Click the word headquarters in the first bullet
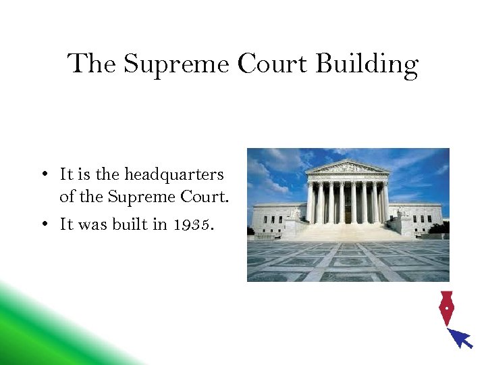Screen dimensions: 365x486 pos(174,174)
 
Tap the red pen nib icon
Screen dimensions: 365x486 pos(446,308)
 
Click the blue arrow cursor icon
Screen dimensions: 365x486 pos(461,337)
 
